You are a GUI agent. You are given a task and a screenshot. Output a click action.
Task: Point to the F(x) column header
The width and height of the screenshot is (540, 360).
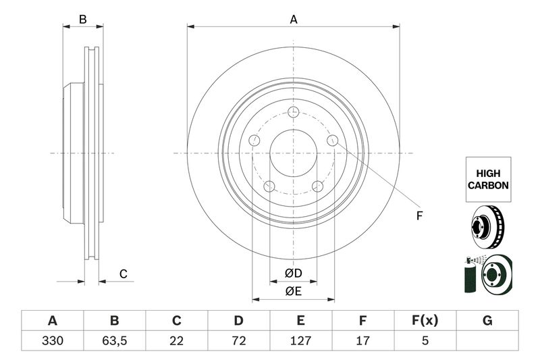(425, 320)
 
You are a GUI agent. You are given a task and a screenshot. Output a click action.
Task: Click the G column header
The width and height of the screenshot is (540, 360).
(487, 320)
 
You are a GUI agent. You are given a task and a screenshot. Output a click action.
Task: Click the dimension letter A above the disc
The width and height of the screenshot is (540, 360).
(294, 20)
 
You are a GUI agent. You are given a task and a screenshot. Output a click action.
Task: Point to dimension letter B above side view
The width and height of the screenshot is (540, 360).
(82, 20)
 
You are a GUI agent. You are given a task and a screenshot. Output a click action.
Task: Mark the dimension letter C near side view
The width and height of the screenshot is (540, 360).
(123, 274)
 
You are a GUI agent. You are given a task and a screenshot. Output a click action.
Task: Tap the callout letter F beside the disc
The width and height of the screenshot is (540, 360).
(418, 216)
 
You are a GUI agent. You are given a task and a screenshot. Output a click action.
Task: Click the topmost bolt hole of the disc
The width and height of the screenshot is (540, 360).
(294, 112)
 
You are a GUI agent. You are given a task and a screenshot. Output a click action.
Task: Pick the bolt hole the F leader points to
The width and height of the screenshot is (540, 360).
(333, 140)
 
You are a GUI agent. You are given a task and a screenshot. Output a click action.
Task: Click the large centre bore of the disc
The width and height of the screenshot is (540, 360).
(294, 153)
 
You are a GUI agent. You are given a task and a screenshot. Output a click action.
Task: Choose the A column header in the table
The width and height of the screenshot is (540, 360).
(52, 320)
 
